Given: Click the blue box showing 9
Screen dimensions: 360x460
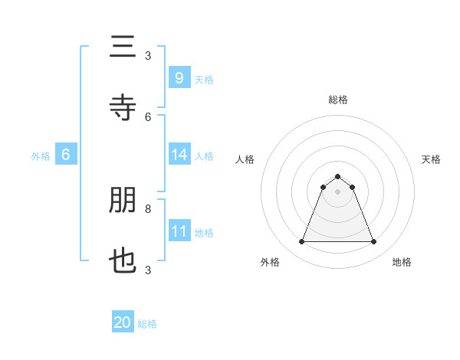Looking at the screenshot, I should pyautogui.click(x=179, y=77).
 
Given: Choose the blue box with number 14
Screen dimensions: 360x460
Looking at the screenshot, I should pyautogui.click(x=179, y=155).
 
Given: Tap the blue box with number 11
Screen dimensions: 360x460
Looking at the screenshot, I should pyautogui.click(x=179, y=231).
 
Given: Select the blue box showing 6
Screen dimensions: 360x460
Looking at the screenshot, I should pyautogui.click(x=66, y=155).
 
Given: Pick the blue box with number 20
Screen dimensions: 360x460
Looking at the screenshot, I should pyautogui.click(x=123, y=322).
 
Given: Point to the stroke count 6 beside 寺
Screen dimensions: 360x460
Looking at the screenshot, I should pyautogui.click(x=148, y=116).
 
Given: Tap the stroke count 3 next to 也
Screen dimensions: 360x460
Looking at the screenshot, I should pyautogui.click(x=148, y=270).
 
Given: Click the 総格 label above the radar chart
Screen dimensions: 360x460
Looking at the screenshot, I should pyautogui.click(x=337, y=100).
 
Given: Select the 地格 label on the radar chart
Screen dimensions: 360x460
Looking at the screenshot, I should pyautogui.click(x=402, y=263).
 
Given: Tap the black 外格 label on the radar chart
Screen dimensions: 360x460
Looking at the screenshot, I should pyautogui.click(x=271, y=263).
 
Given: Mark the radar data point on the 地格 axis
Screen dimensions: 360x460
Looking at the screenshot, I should pyautogui.click(x=373, y=242).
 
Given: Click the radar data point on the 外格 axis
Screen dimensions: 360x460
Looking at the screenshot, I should pyautogui.click(x=301, y=242).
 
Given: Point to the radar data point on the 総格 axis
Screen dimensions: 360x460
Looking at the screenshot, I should pyautogui.click(x=337, y=176).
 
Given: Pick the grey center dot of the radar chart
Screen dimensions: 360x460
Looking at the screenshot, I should pyautogui.click(x=337, y=191).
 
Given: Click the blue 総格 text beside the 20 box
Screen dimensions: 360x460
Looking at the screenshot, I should pyautogui.click(x=148, y=324).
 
